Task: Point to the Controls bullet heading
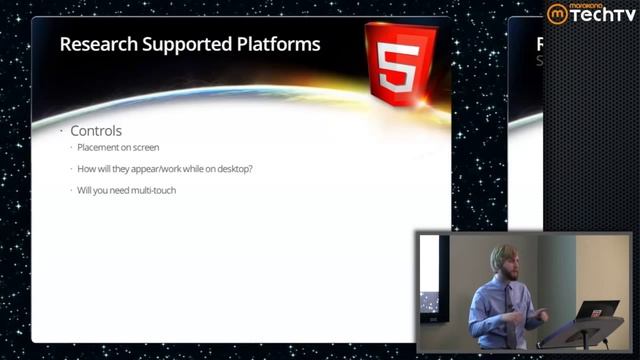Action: click(x=96, y=131)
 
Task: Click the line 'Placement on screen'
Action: click(x=118, y=148)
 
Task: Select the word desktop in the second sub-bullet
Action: click(x=234, y=169)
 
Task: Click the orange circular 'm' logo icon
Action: click(x=556, y=13)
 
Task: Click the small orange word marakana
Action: click(x=591, y=6)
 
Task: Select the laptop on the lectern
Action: click(x=598, y=311)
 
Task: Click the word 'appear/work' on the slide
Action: click(x=161, y=169)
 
